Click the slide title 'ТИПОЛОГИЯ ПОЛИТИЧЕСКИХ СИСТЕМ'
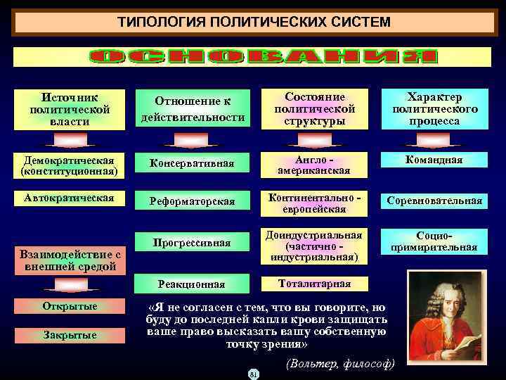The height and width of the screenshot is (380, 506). (253, 22)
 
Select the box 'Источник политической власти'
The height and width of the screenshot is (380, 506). (70, 110)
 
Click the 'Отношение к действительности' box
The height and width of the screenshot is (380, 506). (193, 110)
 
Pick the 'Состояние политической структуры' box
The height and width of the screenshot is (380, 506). (315, 110)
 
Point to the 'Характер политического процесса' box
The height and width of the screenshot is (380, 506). (436, 110)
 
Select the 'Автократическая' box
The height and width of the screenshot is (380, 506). (70, 198)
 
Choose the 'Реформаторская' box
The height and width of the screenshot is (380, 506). (193, 201)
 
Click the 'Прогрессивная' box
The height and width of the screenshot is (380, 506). (193, 243)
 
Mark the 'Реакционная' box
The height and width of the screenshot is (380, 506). (193, 284)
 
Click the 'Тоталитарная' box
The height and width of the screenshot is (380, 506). (315, 284)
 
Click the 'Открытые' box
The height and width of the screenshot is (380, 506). (70, 307)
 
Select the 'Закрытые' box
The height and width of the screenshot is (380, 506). (70, 335)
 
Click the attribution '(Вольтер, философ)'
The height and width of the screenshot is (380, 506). (340, 364)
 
